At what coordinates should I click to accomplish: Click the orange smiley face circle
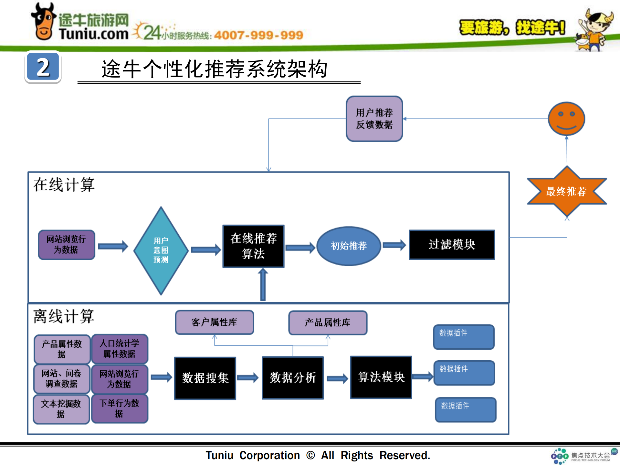566,119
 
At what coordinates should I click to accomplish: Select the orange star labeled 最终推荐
567,191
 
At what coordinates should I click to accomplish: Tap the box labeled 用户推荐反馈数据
374,119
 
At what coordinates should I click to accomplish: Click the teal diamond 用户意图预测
161,250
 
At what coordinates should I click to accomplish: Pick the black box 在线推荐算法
253,246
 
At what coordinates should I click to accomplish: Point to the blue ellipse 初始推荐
349,246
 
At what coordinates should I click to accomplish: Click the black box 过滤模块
452,245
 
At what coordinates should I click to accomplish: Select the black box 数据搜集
205,378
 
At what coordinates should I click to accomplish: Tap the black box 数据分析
293,377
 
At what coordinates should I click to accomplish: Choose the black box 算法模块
381,377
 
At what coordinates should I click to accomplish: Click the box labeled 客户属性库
214,322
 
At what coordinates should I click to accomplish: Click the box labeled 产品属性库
328,322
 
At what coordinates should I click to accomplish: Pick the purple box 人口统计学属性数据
120,348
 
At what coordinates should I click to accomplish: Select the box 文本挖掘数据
61,409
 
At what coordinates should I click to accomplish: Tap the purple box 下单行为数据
120,408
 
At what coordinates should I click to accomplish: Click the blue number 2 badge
43,67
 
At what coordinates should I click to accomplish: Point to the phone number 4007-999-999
258,35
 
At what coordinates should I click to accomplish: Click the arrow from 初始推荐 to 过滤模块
394,245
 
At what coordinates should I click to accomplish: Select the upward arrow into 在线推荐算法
263,284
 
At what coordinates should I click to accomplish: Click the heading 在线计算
64,185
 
